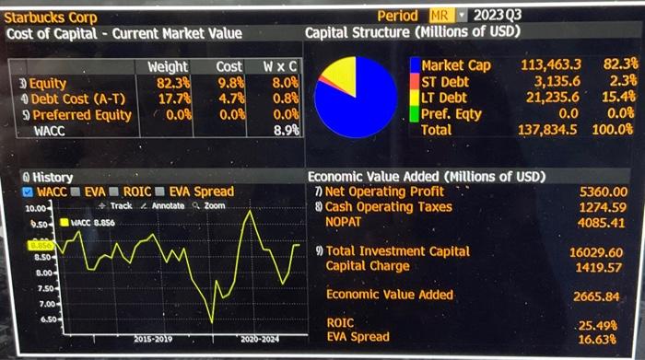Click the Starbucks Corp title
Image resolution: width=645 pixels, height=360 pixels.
[x=51, y=17]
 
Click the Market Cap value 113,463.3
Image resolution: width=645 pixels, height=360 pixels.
[x=551, y=65]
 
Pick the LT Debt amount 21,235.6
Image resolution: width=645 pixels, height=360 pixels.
[x=552, y=98]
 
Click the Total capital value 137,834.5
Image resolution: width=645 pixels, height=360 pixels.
[x=549, y=130]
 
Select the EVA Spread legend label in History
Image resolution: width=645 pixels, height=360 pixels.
[x=202, y=192]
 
